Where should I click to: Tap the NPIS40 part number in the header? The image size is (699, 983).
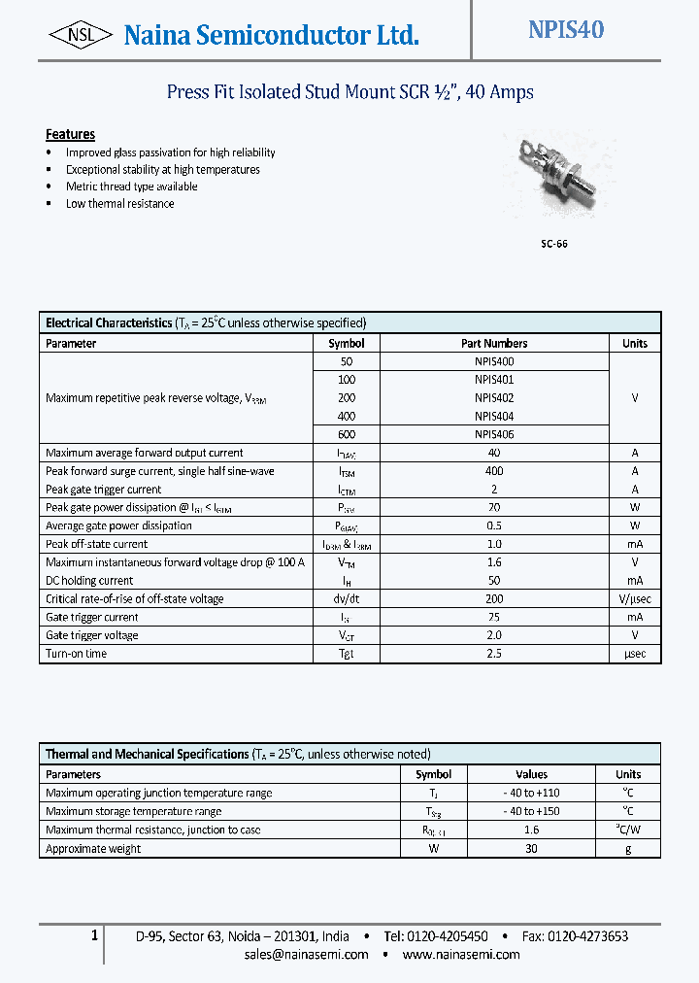pos(566,30)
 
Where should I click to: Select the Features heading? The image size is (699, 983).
pos(70,134)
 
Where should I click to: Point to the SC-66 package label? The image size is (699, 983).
pos(554,244)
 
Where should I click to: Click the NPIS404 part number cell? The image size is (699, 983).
pos(494,416)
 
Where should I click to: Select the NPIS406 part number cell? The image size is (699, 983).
pos(494,434)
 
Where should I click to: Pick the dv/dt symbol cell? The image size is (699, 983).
pos(347,598)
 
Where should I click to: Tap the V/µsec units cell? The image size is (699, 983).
pos(634,598)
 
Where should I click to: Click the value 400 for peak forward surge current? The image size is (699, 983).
pos(494,471)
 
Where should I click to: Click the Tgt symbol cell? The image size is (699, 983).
pos(347,654)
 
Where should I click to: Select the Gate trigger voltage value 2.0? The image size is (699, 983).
pos(494,635)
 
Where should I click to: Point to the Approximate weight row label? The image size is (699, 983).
pos(93,848)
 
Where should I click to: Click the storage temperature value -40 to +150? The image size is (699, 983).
pos(531,811)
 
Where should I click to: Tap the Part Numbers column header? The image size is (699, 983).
pos(494,343)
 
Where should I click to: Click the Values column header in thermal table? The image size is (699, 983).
pos(531,774)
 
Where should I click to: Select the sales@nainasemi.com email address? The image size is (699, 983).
pos(306,954)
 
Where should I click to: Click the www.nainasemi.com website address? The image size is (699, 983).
pos(460,954)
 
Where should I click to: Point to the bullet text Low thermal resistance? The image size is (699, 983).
pos(120,204)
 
